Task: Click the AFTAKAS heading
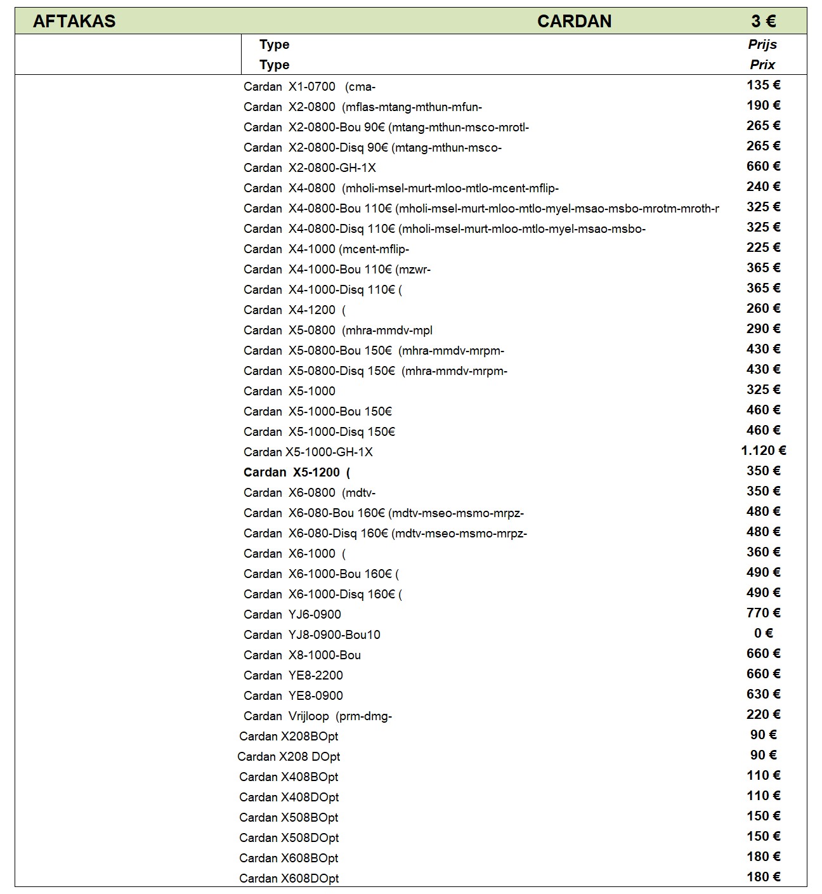(x=74, y=21)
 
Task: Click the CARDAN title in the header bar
(x=574, y=21)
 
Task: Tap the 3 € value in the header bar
(x=763, y=21)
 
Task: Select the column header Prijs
(x=762, y=44)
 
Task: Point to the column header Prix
(x=762, y=65)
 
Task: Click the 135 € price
(x=763, y=85)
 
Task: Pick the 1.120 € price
(x=763, y=450)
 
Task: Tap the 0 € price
(x=763, y=633)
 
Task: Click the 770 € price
(x=763, y=613)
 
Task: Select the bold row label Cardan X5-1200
(x=297, y=472)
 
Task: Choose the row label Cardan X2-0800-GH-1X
(x=310, y=168)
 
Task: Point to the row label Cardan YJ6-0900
(x=292, y=615)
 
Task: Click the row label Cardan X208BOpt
(x=289, y=737)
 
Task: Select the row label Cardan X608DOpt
(x=289, y=879)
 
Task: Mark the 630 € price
(x=763, y=694)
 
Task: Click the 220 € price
(x=763, y=714)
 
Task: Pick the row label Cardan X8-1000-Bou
(x=302, y=655)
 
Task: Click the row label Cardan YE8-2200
(x=293, y=676)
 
